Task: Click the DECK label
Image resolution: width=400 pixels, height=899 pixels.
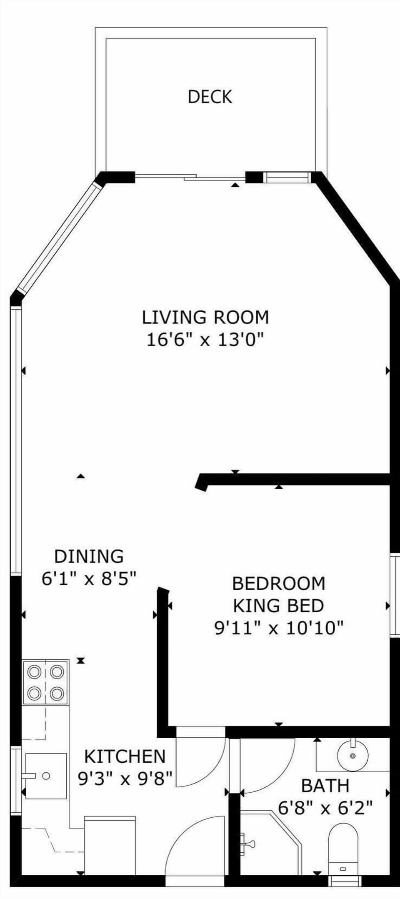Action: tap(210, 97)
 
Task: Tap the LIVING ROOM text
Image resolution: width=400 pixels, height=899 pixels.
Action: tap(205, 317)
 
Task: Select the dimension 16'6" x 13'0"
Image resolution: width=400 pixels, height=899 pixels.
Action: tap(205, 339)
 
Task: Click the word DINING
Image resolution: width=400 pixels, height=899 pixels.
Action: tap(89, 556)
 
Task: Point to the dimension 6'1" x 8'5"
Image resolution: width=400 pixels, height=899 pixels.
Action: tap(89, 578)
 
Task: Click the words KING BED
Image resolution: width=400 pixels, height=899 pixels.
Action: tap(278, 605)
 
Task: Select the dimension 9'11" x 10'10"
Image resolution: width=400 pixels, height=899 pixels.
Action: tap(278, 628)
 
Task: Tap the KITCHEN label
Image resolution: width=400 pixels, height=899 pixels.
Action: tap(125, 756)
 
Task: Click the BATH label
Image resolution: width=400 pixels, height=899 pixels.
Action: tap(325, 786)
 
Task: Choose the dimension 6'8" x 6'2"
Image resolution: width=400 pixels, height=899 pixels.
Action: tap(325, 809)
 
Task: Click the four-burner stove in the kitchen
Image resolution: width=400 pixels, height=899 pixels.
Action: tap(46, 682)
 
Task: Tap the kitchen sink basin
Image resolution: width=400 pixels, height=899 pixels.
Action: tap(46, 776)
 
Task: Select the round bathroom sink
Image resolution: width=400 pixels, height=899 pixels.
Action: tap(352, 755)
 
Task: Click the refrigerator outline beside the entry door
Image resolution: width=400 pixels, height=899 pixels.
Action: tap(110, 845)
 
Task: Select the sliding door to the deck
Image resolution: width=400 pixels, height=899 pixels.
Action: tap(190, 178)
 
